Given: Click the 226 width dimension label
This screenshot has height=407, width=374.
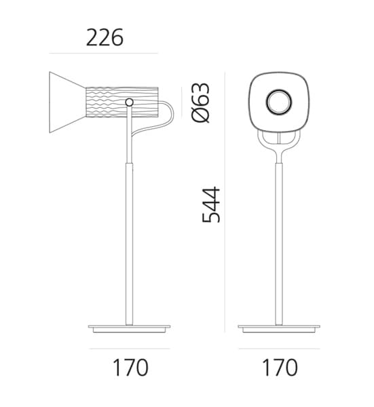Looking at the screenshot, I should tap(105, 38).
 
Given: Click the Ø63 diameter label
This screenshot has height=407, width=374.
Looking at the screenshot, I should tap(202, 102).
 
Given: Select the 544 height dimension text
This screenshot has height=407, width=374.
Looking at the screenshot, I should tap(211, 204).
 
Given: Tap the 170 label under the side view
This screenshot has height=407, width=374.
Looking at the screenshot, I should tap(130, 368).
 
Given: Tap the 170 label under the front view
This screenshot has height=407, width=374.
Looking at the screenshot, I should tap(279, 368).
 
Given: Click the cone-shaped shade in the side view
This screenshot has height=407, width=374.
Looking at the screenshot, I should tap(66, 102).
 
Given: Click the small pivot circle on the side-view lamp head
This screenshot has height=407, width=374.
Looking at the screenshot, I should tap(129, 102).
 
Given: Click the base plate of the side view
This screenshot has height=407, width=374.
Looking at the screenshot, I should tap(130, 328).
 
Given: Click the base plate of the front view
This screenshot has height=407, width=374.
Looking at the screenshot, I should tap(279, 328).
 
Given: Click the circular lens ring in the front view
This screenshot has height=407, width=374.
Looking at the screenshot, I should tap(279, 103).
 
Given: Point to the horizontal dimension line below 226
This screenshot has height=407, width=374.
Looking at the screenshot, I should tap(103, 53).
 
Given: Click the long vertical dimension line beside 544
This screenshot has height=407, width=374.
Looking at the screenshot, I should tap(226, 203).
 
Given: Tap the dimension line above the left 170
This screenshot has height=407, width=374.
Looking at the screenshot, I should tap(130, 349).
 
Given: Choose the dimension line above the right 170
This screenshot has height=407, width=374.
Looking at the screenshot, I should tap(279, 349).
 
